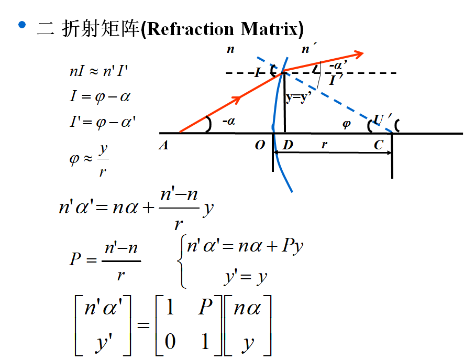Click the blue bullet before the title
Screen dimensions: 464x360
pyautogui.click(x=21, y=24)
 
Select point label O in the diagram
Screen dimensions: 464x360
pyautogui.click(x=260, y=146)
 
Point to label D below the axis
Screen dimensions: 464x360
pyautogui.click(x=288, y=145)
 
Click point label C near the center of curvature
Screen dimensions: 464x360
pyautogui.click(x=379, y=145)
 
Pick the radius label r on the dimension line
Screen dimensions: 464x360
pyautogui.click(x=325, y=145)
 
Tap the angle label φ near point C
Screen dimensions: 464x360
pyautogui.click(x=346, y=125)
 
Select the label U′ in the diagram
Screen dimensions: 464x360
pyautogui.click(x=382, y=119)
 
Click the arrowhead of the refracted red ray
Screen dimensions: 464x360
pyautogui.click(x=359, y=53)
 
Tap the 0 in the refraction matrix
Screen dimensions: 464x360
pyautogui.click(x=169, y=341)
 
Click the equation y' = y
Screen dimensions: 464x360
pyautogui.click(x=245, y=276)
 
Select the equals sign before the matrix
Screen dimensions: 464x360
pyautogui.click(x=143, y=325)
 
